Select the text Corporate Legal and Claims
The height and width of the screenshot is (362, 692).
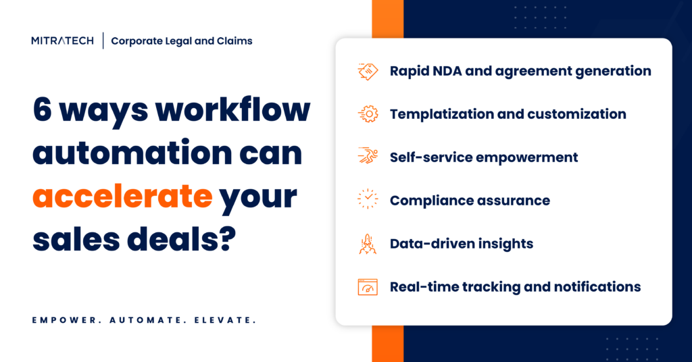(x=182, y=41)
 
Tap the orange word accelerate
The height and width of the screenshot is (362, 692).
(x=122, y=197)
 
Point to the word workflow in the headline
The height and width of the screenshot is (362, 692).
(x=243, y=111)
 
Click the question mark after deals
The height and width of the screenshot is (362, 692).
(x=226, y=239)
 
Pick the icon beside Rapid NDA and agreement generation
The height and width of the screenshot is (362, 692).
(x=368, y=71)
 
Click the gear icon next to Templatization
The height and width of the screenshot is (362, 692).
(x=368, y=114)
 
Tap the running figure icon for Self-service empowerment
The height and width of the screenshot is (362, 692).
(x=368, y=157)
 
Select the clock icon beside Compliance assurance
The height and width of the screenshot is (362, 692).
(x=368, y=201)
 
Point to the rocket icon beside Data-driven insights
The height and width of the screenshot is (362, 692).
(x=368, y=244)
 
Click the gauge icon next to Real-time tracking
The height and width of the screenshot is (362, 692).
(x=368, y=287)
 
